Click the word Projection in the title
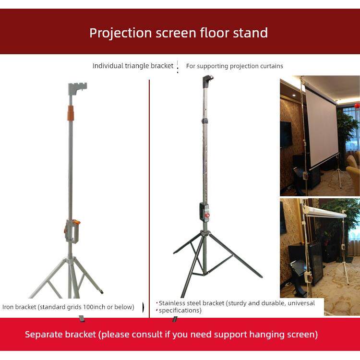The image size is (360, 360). pos(120,33)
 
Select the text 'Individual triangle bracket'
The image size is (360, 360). pos(133,66)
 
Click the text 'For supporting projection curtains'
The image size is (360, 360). pos(234,66)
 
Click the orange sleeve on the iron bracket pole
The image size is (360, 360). pos(71,113)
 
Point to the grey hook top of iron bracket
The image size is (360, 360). pos(77,88)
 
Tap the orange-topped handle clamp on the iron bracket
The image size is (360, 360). pos(72,231)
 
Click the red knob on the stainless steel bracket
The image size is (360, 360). pos(207,216)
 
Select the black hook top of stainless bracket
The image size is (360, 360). pos(207,81)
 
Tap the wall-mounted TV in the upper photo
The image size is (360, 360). pos(286,134)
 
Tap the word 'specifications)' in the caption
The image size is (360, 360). pos(180,311)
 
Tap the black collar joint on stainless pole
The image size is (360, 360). pos(205,121)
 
